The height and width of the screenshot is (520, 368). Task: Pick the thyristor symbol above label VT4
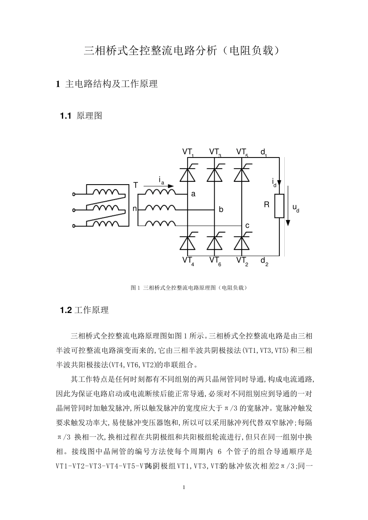[187, 243]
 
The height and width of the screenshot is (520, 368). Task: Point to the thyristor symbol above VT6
[215, 243]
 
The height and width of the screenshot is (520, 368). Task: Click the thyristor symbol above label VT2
[242, 243]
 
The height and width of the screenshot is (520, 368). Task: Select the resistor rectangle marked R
[279, 206]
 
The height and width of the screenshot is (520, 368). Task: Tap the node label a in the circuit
[193, 195]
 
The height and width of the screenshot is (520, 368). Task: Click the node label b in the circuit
[221, 210]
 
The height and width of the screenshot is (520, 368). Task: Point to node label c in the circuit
[247, 225]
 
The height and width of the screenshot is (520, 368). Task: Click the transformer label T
[136, 185]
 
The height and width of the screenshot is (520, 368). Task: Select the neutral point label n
[135, 209]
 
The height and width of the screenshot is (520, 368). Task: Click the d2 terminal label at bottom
[264, 261]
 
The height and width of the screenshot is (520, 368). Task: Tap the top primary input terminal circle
[74, 194]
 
